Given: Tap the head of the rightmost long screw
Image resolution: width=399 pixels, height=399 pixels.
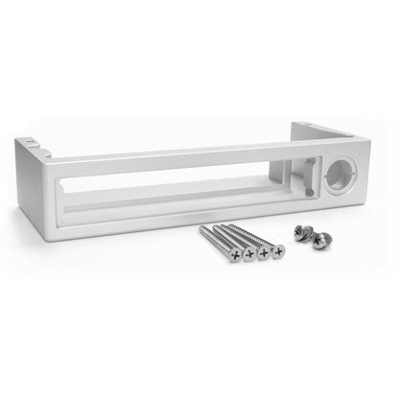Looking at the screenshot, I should (x=277, y=251).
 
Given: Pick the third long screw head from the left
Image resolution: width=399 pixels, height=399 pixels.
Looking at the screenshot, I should (x=264, y=253).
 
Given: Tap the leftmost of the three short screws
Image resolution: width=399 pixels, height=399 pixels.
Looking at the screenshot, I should (x=300, y=230).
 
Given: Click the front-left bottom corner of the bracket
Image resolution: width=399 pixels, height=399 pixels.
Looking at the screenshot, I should (x=50, y=234).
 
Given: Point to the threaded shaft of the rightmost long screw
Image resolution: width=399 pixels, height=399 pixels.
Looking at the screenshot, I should (x=261, y=237).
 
